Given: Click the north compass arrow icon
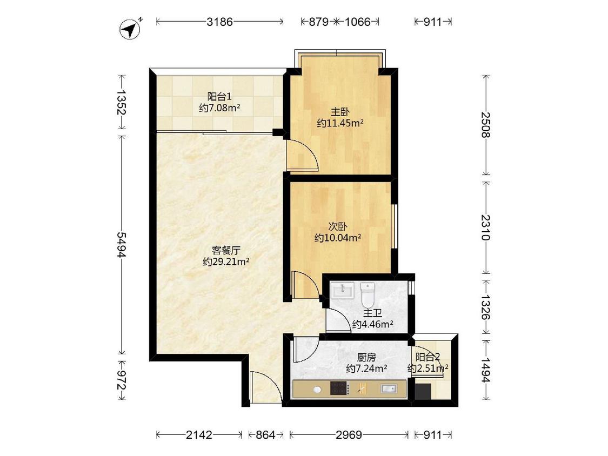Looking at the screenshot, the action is click(x=131, y=29).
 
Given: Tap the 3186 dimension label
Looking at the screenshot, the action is click(x=219, y=22).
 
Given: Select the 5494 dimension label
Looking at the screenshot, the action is click(x=122, y=245).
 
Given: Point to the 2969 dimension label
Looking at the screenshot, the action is click(x=349, y=435).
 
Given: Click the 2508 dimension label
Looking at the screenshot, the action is click(x=485, y=124).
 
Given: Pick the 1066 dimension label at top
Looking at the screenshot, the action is click(x=358, y=22).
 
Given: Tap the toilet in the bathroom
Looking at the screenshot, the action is click(x=368, y=294).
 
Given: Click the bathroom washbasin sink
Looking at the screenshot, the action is click(x=342, y=290).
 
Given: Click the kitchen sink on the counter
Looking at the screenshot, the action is click(x=389, y=388).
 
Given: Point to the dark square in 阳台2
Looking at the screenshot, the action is click(x=423, y=392).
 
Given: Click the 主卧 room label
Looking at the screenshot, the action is click(x=340, y=112).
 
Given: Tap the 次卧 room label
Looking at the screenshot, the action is click(x=338, y=226).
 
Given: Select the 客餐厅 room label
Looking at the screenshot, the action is click(x=226, y=250).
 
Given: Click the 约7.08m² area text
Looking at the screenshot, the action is click(x=219, y=108).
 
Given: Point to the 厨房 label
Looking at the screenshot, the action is click(x=366, y=357).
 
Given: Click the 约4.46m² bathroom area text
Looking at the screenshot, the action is click(x=372, y=324).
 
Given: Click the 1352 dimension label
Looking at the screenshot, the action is click(x=122, y=102).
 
